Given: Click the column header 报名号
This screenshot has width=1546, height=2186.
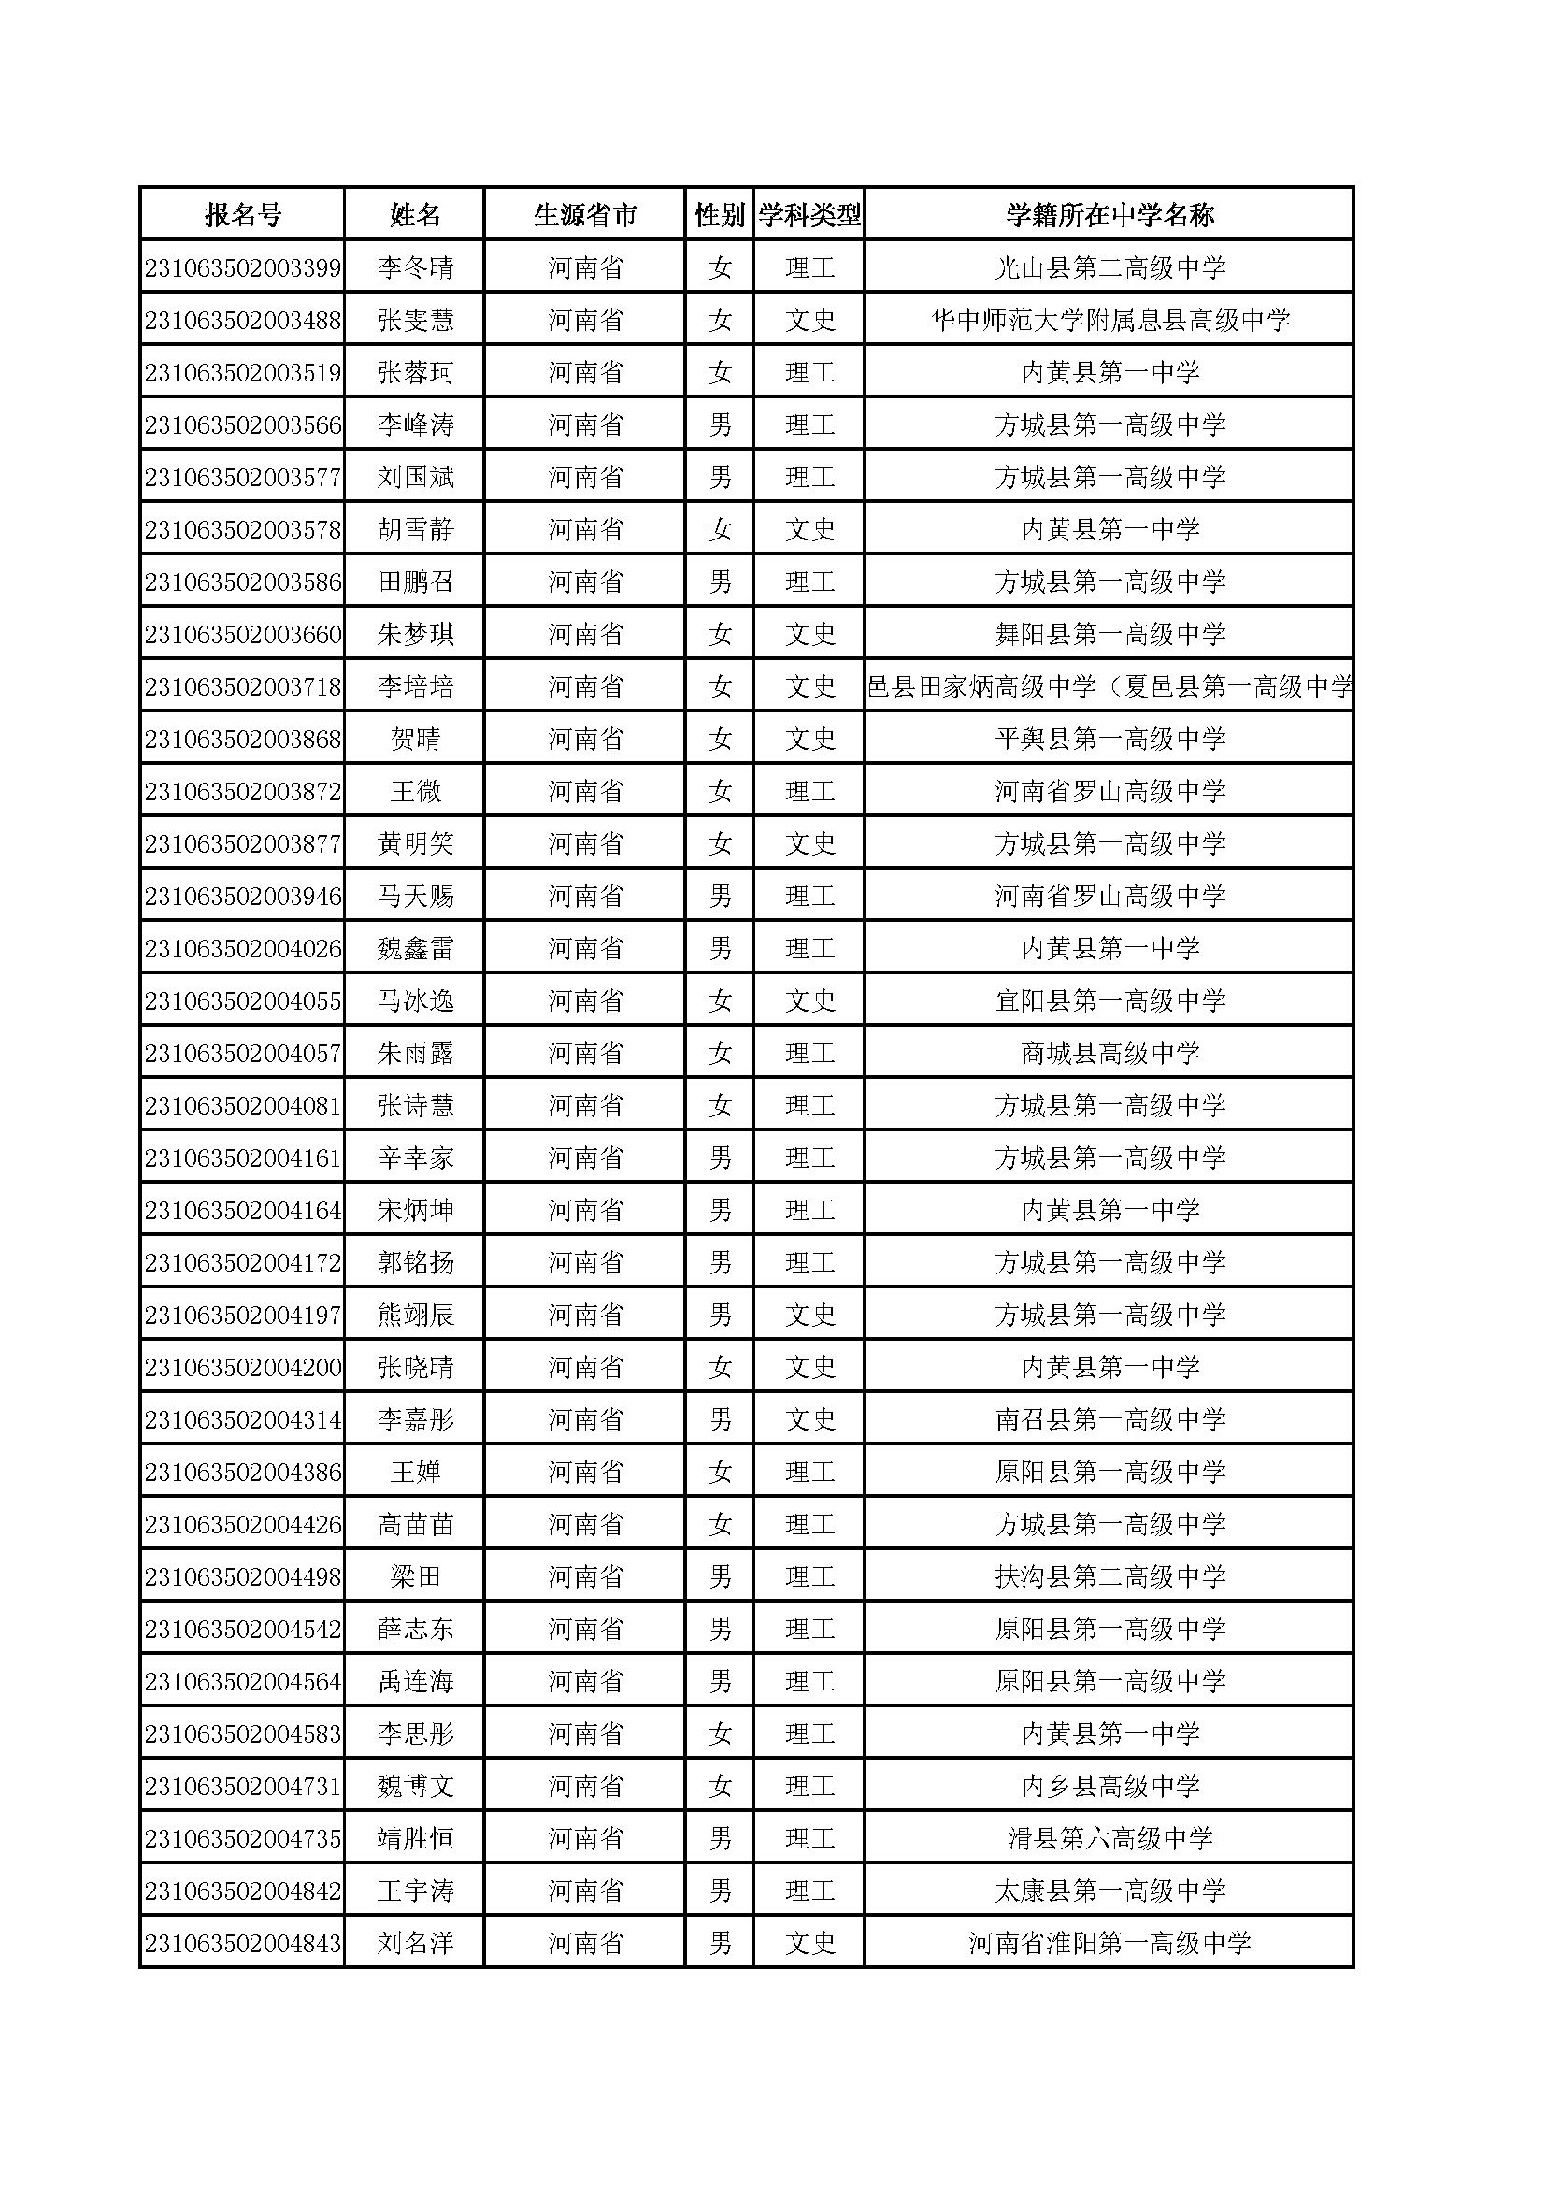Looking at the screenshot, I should pos(243,215).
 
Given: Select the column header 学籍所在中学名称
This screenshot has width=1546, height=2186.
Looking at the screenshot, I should pos(1110,215).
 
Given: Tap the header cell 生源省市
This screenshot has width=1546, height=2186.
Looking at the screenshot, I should pos(584,215).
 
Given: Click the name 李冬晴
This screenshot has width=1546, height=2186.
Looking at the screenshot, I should pos(415,267).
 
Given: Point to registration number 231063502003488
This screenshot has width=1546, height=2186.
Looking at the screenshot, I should pos(243,320).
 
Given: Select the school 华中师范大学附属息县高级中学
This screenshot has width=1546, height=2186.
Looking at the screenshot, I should pos(1110,320).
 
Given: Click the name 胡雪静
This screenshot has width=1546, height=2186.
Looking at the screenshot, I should pos(415,529).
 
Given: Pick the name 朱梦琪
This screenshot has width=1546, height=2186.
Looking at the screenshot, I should pos(415,634).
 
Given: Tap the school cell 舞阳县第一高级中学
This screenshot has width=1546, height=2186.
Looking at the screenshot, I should pos(1110,634).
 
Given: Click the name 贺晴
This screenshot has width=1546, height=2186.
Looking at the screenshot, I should pos(415,739).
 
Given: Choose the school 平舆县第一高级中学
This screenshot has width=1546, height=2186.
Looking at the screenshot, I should pos(1110,739).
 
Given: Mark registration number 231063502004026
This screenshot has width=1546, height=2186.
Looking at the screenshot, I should pos(243,948).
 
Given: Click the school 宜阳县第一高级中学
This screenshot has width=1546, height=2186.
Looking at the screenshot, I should pos(1110,1000).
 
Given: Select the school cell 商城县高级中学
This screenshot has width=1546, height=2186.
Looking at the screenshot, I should pos(1110,1053).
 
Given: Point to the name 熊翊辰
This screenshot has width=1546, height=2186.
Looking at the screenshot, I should pos(415,1315).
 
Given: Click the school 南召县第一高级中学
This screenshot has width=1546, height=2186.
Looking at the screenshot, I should pos(1110,1419).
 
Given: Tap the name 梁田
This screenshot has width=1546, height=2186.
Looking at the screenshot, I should pos(415,1576).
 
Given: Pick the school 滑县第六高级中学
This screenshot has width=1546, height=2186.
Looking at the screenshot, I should pos(1110,1838).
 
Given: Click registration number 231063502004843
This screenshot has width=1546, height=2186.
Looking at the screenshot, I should pos(243,1943).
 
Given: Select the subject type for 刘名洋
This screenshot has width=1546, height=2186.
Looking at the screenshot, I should pos(810,1943).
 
